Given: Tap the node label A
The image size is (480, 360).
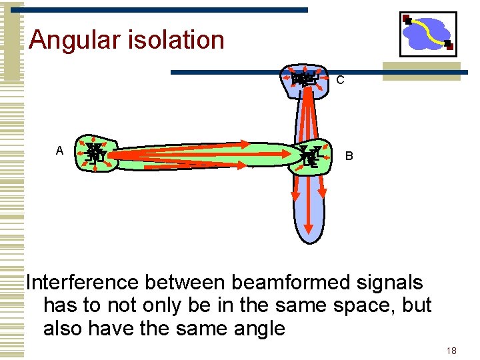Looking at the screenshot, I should tap(59, 151).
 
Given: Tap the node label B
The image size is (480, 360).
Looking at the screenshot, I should tap(349, 157).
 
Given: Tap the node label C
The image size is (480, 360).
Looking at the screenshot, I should tap(340, 81).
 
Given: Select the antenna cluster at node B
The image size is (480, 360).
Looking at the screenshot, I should tap(311, 154).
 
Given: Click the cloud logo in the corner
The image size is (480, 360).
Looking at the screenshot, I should tap(427, 34).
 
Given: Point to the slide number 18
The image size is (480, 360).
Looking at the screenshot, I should tap(451, 351).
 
